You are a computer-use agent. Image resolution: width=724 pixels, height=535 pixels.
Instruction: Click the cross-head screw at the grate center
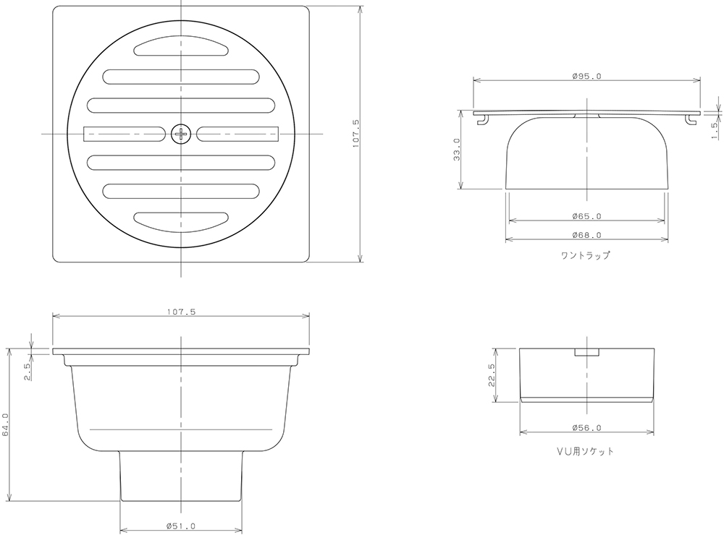(181, 134)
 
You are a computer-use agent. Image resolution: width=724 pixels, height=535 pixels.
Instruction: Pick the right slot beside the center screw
(237, 134)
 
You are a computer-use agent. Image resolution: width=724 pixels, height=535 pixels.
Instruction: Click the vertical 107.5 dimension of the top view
(355, 134)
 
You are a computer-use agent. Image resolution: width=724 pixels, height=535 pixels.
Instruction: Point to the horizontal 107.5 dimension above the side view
(181, 312)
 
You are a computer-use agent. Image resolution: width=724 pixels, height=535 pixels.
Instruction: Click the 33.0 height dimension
(457, 150)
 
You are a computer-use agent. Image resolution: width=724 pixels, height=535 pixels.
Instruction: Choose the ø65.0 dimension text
(586, 216)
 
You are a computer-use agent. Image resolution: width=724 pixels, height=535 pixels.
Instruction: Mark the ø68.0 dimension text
(586, 235)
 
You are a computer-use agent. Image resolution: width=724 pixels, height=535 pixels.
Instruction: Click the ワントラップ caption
(586, 255)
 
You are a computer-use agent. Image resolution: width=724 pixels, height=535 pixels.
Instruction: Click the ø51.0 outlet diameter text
(181, 526)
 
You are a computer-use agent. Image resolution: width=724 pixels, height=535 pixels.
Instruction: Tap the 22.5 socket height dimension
(492, 374)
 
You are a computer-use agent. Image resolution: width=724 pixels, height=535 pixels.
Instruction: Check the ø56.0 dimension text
(586, 428)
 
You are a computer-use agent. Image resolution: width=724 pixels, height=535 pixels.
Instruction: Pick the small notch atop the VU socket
(586, 352)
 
